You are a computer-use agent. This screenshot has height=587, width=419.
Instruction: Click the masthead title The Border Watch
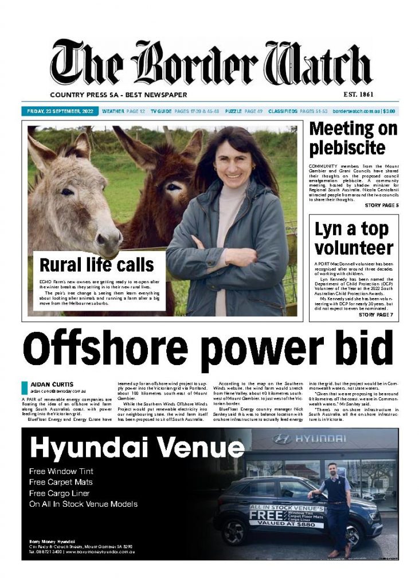coord(211,65)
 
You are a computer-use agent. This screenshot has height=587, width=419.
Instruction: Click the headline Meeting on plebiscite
coord(353,138)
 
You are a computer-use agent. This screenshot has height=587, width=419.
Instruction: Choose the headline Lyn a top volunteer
coord(354,238)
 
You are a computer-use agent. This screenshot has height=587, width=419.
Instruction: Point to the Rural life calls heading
coord(96,265)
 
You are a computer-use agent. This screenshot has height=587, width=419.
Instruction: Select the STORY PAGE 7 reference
coord(375,315)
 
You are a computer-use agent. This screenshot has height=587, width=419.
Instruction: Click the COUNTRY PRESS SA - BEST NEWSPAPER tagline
coord(118,95)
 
